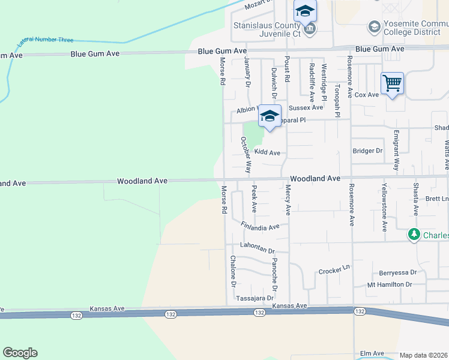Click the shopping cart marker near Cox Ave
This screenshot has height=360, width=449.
392,83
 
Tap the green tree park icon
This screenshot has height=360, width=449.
414,235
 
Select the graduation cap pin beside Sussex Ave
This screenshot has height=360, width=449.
270,116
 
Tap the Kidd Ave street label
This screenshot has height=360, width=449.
267,153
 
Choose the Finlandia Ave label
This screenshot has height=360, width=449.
261,227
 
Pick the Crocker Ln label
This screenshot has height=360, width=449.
334,270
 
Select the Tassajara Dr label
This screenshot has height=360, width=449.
255,298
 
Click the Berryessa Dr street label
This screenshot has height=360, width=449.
397,272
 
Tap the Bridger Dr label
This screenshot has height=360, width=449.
367,151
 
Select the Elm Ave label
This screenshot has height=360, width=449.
372,354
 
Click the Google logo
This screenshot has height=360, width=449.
20,353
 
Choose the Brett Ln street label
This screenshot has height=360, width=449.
436,198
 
